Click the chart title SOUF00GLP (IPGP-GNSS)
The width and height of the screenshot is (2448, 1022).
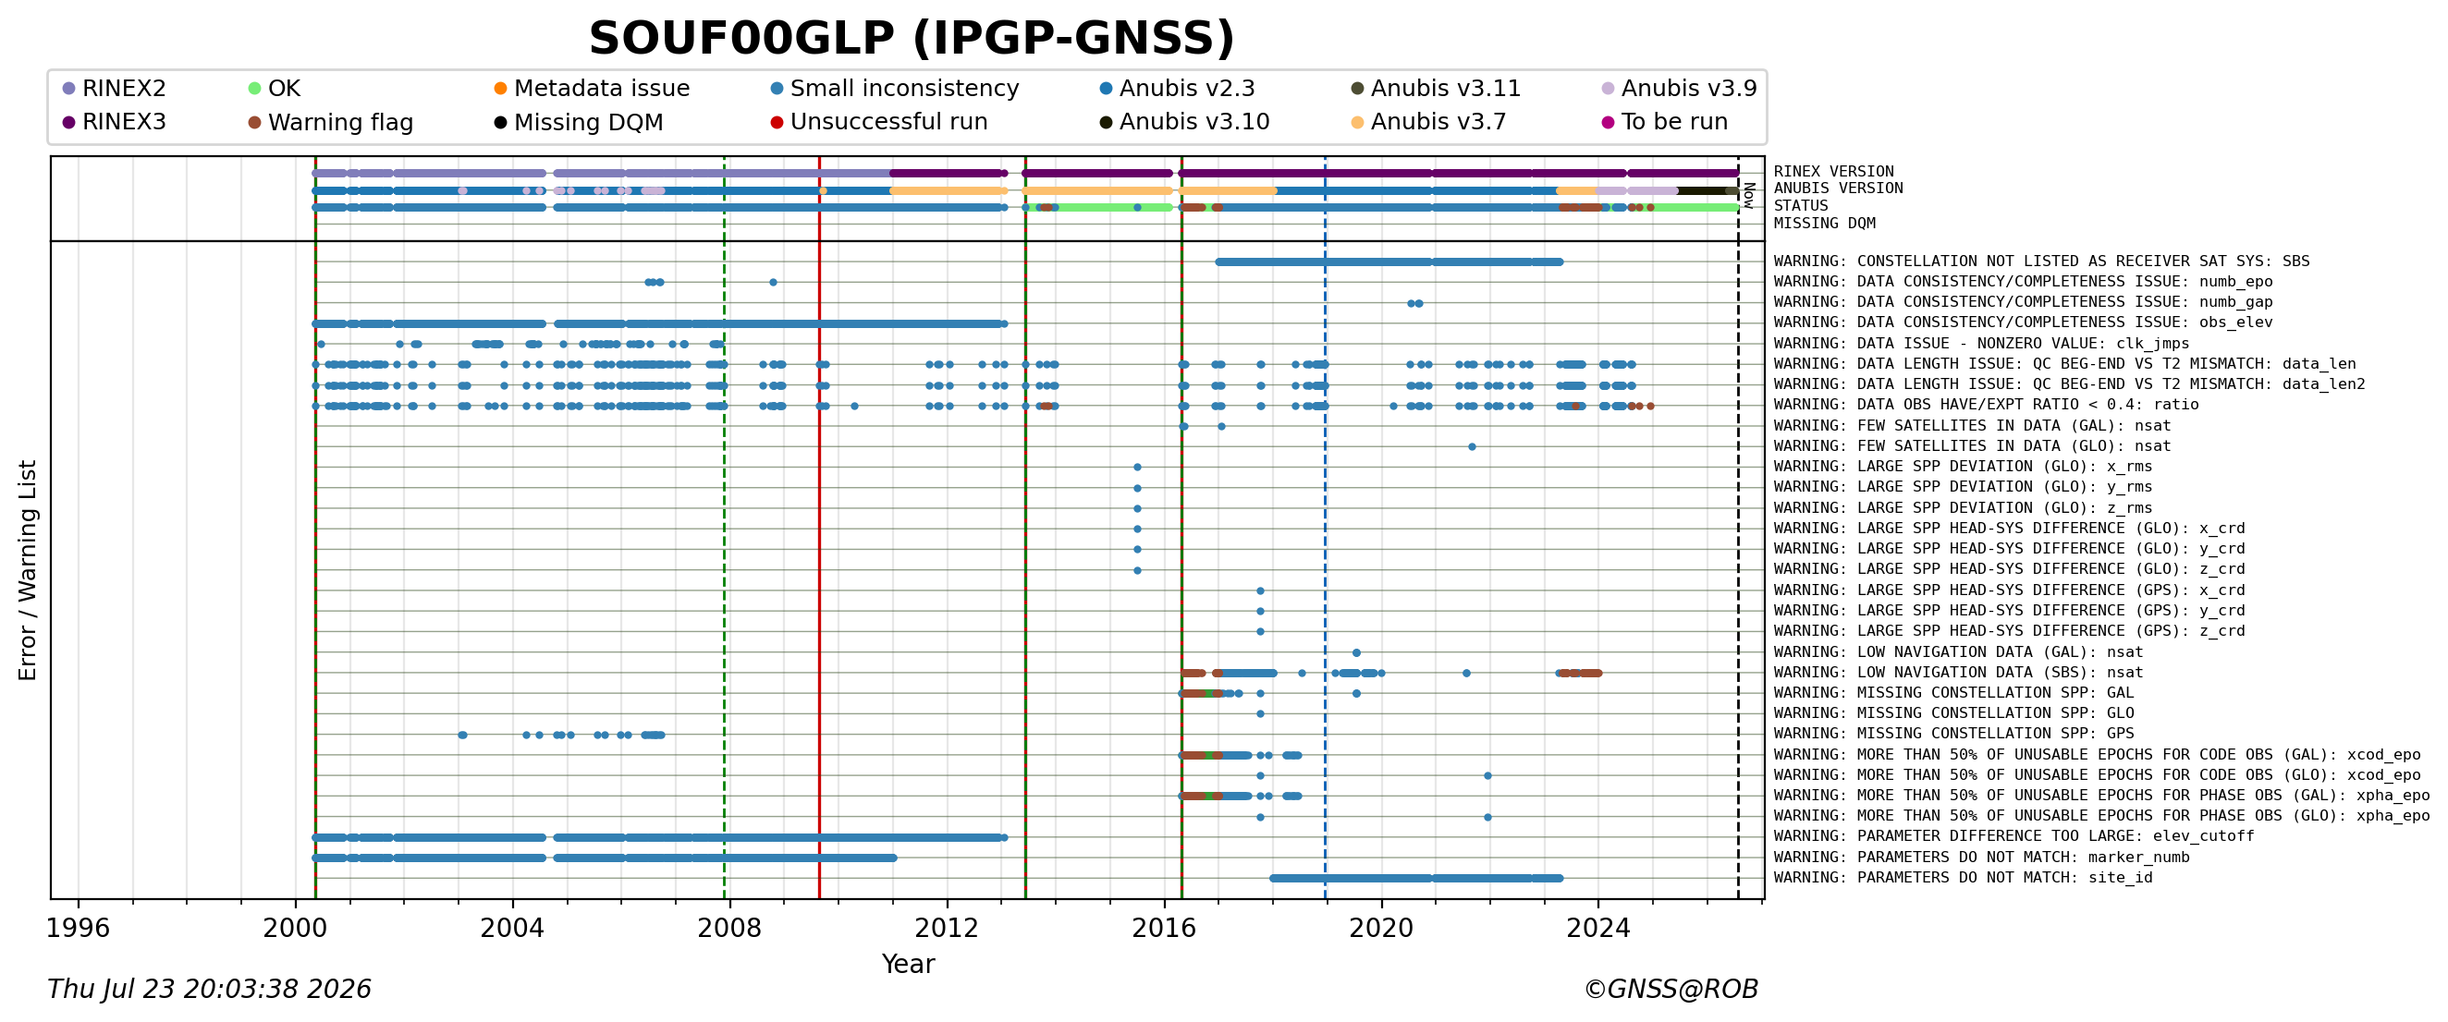[912, 39]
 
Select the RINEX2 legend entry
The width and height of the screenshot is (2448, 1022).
[114, 89]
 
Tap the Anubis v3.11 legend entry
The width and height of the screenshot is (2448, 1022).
[1436, 89]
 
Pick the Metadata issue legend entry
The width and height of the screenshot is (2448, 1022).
[592, 89]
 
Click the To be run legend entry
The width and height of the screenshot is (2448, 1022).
[1665, 122]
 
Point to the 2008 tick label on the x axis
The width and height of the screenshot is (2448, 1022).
[728, 928]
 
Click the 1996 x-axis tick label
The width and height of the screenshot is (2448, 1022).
[78, 928]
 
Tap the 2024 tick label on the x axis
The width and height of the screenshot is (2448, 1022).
[1597, 928]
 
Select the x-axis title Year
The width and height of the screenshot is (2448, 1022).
[908, 964]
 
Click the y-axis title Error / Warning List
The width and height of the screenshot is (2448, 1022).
[28, 570]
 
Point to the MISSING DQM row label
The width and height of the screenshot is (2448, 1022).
[1825, 224]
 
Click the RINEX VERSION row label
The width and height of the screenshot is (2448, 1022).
[1833, 172]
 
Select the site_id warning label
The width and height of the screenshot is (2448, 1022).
[1963, 878]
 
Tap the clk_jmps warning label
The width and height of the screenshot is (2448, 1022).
[1980, 344]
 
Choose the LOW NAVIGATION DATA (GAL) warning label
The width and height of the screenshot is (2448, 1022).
[1958, 652]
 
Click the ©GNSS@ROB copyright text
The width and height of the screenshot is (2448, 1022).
[1671, 990]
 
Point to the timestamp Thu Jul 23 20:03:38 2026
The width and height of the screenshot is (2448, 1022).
[209, 990]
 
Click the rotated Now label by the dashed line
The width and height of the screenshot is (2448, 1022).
[1749, 195]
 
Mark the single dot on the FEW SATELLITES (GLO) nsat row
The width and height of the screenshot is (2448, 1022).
[1471, 446]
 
